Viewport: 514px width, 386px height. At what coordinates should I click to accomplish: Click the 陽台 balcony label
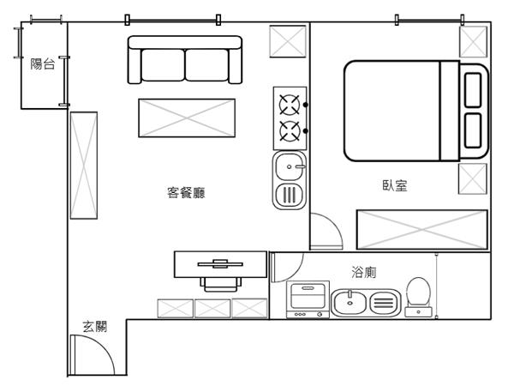point(42,63)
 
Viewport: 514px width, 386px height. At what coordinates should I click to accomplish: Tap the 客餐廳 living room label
point(186,193)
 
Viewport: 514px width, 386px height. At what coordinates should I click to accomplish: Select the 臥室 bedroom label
point(395,185)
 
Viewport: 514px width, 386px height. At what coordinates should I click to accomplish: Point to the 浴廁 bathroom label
point(363,272)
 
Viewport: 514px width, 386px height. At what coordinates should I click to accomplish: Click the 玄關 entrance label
point(94,327)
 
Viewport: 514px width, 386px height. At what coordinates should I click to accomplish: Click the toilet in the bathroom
point(418,297)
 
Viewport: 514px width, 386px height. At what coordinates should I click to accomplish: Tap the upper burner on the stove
point(290,105)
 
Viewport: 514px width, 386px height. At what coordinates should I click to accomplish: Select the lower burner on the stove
point(290,131)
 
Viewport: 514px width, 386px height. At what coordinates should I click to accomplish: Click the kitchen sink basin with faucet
point(290,166)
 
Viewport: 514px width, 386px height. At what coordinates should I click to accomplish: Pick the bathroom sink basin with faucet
point(350,303)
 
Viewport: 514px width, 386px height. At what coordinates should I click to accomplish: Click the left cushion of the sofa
point(163,64)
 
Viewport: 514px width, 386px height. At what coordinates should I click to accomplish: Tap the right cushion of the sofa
point(206,64)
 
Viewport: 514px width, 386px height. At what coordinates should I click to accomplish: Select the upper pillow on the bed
point(473,90)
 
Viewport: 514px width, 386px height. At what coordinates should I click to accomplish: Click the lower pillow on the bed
point(473,130)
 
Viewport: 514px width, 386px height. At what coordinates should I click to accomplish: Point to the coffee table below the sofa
point(187,118)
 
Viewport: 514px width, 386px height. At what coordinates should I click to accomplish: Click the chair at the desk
point(221,284)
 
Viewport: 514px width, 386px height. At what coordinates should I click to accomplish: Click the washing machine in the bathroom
point(308,299)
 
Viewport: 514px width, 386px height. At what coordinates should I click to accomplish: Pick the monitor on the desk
point(220,264)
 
